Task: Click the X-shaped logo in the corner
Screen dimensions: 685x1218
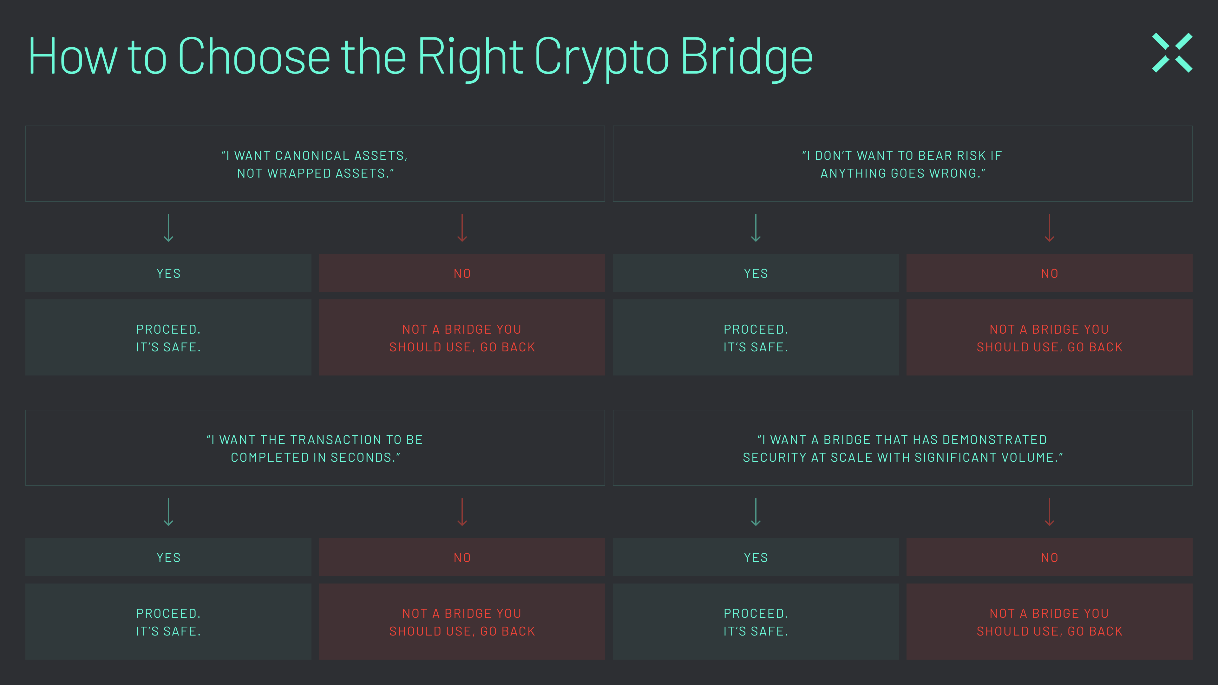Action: tap(1172, 52)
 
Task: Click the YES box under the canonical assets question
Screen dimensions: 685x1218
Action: tap(168, 273)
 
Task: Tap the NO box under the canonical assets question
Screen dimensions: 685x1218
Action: tap(462, 273)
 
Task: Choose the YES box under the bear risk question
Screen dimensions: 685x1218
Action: tap(756, 273)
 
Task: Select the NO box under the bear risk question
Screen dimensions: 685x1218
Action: tap(1049, 273)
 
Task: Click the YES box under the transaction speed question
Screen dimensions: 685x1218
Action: tap(168, 558)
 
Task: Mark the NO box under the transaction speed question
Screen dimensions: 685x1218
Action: tap(462, 558)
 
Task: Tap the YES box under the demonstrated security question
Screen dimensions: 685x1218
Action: tap(756, 558)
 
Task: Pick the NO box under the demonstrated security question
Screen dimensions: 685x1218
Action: tap(1049, 558)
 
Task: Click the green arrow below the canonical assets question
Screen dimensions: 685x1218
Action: tap(168, 228)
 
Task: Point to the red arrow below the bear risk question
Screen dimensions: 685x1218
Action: tap(1049, 228)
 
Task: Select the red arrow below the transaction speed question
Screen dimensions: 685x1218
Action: tap(462, 512)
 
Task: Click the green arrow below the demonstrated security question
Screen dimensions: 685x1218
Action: tap(756, 512)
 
